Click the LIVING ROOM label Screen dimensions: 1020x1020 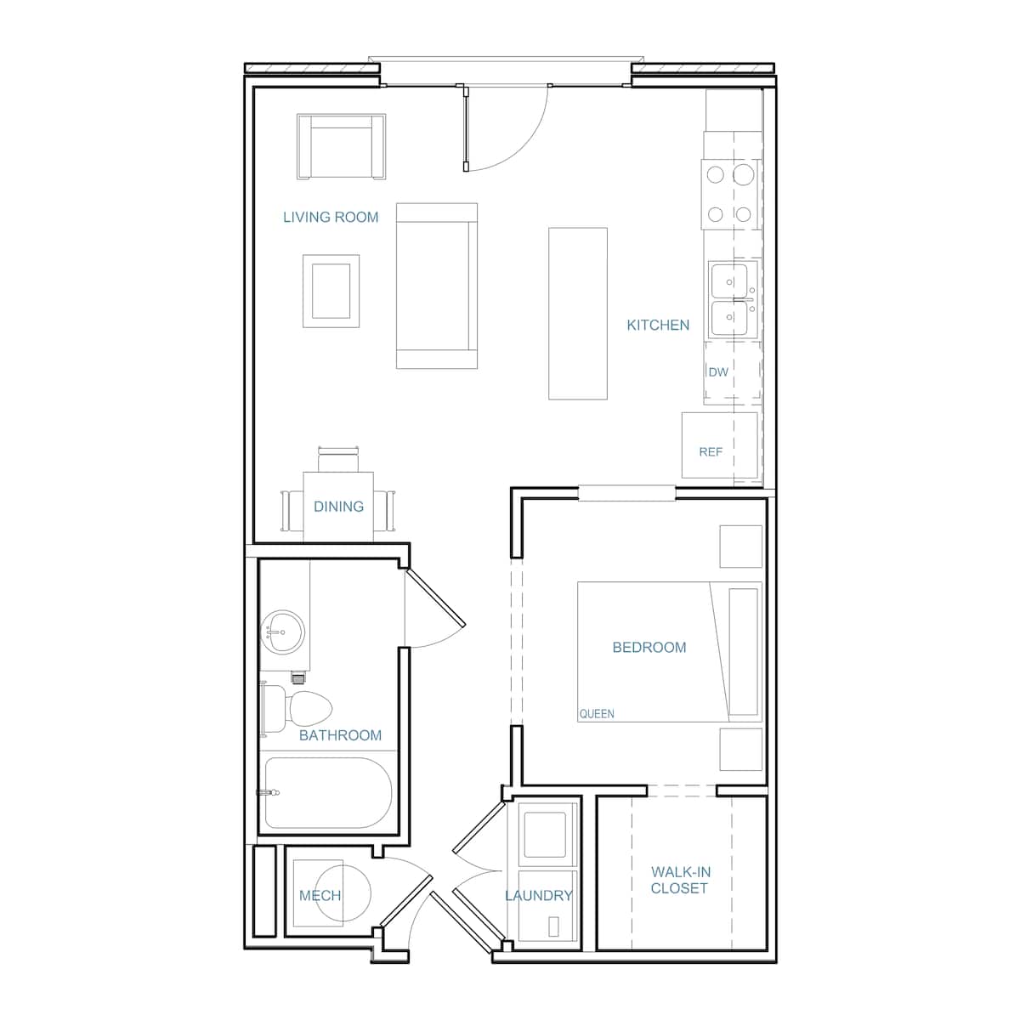pyautogui.click(x=331, y=218)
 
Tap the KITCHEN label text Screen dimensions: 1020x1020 pyautogui.click(x=658, y=326)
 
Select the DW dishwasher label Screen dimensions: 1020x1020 pyautogui.click(x=718, y=372)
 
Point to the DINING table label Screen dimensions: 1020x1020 pyautogui.click(x=338, y=507)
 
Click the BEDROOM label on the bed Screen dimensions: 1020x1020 pyautogui.click(x=649, y=648)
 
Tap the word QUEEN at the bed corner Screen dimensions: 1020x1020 pyautogui.click(x=597, y=714)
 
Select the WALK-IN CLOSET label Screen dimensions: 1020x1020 pyautogui.click(x=679, y=880)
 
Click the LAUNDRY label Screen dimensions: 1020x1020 pyautogui.click(x=538, y=896)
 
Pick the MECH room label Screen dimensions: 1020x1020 pyautogui.click(x=320, y=896)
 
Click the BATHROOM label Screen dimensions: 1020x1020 pyautogui.click(x=340, y=735)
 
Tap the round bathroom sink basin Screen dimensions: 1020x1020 pyautogui.click(x=283, y=632)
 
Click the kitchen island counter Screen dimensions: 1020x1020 pyautogui.click(x=578, y=313)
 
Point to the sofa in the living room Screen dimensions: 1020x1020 pyautogui.click(x=436, y=286)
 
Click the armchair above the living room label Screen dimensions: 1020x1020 pyautogui.click(x=341, y=147)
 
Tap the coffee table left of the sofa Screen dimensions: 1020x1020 pyautogui.click(x=331, y=291)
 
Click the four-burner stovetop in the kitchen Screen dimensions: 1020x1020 pyautogui.click(x=730, y=194)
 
